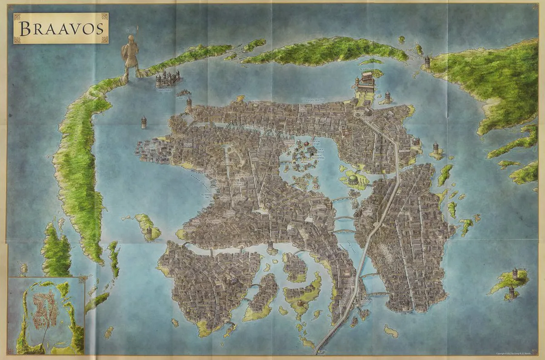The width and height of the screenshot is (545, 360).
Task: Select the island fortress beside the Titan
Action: coord(167,79)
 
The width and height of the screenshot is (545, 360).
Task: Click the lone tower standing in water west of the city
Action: coord(144,122)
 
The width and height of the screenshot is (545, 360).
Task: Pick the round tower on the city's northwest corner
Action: coord(189,105)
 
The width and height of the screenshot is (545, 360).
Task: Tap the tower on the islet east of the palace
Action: coord(388,97)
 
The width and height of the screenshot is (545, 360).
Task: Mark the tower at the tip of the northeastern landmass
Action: coord(427,62)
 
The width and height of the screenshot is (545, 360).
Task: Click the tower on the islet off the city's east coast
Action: coord(435,148)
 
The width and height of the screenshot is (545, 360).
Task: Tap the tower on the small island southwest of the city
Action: coord(149,233)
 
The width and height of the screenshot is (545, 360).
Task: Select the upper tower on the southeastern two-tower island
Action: coord(515,273)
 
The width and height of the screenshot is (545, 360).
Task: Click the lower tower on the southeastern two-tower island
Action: coord(511,291)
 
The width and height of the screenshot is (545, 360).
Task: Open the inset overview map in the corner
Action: coord(46,316)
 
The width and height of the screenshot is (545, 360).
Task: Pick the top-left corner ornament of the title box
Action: coord(17,17)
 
